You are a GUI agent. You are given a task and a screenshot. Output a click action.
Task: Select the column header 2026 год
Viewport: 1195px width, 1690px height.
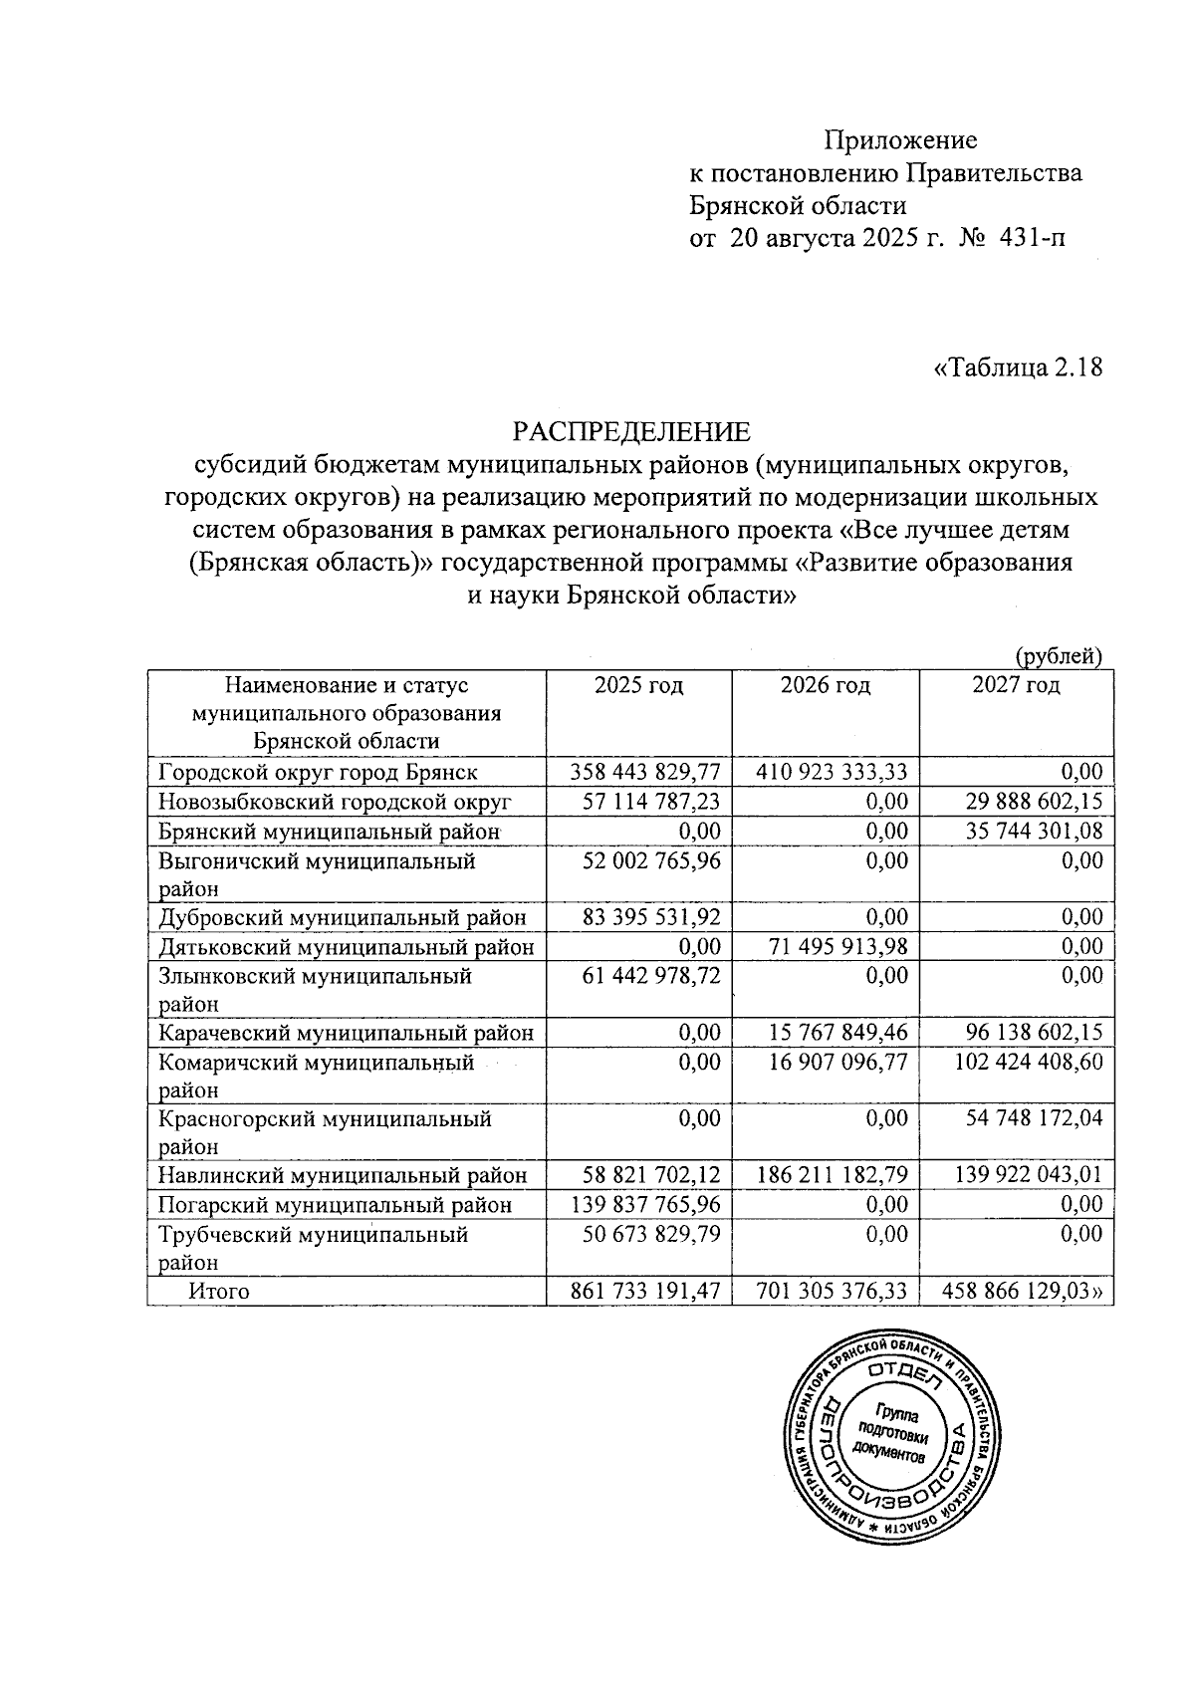tap(825, 685)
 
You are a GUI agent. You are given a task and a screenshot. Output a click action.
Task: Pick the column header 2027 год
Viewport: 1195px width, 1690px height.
tap(1016, 685)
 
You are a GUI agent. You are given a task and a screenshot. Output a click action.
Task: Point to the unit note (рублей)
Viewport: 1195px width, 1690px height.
tap(1058, 655)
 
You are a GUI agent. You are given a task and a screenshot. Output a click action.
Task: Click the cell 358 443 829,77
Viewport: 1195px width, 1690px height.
tap(644, 772)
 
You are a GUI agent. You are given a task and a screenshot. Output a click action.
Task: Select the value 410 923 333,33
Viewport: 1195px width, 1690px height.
tap(831, 772)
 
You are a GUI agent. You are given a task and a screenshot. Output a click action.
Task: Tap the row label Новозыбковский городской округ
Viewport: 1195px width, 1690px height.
tap(335, 801)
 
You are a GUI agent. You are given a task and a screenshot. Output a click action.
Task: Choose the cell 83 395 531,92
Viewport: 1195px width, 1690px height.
tap(644, 916)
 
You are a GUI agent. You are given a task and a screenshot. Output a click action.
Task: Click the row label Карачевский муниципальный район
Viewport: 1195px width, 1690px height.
tap(346, 1033)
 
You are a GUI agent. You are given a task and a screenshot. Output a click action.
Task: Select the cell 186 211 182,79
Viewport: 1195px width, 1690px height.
tap(831, 1176)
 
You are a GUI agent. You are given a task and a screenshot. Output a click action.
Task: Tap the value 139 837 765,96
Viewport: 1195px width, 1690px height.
tap(644, 1205)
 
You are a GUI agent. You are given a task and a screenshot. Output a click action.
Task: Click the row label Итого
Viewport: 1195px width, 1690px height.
tap(219, 1292)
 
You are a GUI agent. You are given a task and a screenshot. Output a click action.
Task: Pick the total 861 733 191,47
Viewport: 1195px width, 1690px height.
tap(644, 1292)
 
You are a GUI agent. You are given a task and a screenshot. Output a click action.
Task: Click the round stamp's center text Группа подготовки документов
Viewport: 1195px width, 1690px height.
tap(895, 1434)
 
